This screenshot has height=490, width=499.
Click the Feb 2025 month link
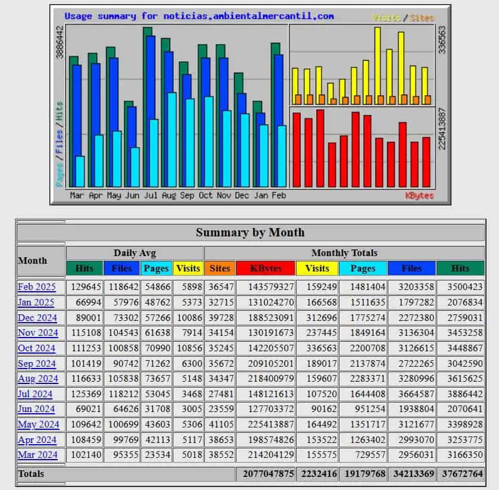(x=36, y=287)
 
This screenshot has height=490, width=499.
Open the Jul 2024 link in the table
(x=35, y=394)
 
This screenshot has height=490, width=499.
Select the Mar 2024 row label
(x=38, y=455)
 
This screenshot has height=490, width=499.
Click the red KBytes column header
(x=266, y=269)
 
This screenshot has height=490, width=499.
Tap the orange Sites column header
(x=220, y=269)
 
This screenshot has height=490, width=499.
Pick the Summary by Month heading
(x=250, y=232)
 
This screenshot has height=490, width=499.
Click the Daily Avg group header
(x=135, y=253)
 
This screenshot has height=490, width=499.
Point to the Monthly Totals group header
(x=344, y=253)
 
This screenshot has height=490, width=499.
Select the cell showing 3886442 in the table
(x=465, y=394)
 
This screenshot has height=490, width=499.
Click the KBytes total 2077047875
(x=269, y=474)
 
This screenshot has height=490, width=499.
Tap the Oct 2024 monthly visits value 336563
(x=322, y=348)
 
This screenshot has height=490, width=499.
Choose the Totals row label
(x=31, y=474)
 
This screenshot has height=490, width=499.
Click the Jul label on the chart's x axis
(x=150, y=195)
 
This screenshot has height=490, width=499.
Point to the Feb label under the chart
(x=279, y=195)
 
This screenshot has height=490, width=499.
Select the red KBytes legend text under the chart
(x=419, y=196)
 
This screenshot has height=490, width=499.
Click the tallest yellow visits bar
(x=378, y=66)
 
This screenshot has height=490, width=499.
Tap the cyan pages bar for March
(x=80, y=171)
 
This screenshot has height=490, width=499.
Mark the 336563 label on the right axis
(x=442, y=40)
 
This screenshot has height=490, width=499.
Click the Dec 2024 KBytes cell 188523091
(x=271, y=317)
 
